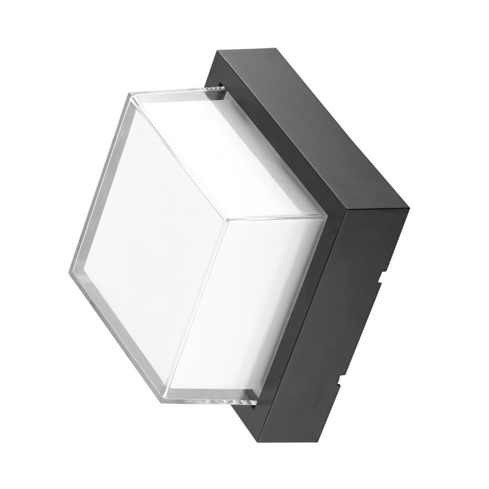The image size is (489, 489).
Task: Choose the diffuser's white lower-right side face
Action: (267, 294)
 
